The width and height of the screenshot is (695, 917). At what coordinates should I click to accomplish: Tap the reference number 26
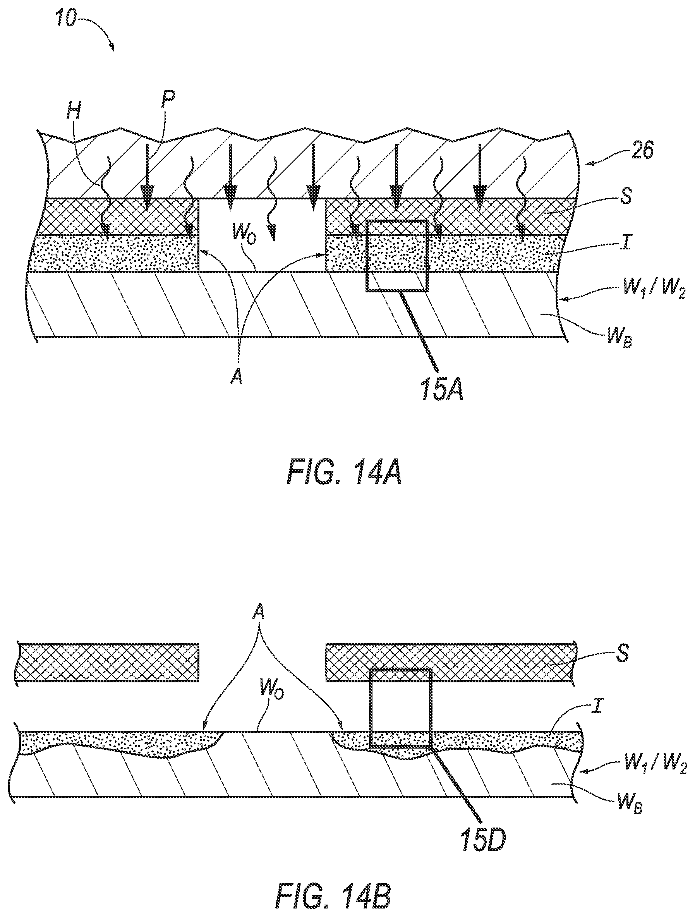[x=642, y=151]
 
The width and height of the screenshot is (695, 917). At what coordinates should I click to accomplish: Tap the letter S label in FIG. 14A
[x=626, y=197]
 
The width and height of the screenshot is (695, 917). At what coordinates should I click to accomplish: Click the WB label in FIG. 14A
[x=619, y=337]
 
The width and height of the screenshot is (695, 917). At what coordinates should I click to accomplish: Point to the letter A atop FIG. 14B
[x=259, y=615]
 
